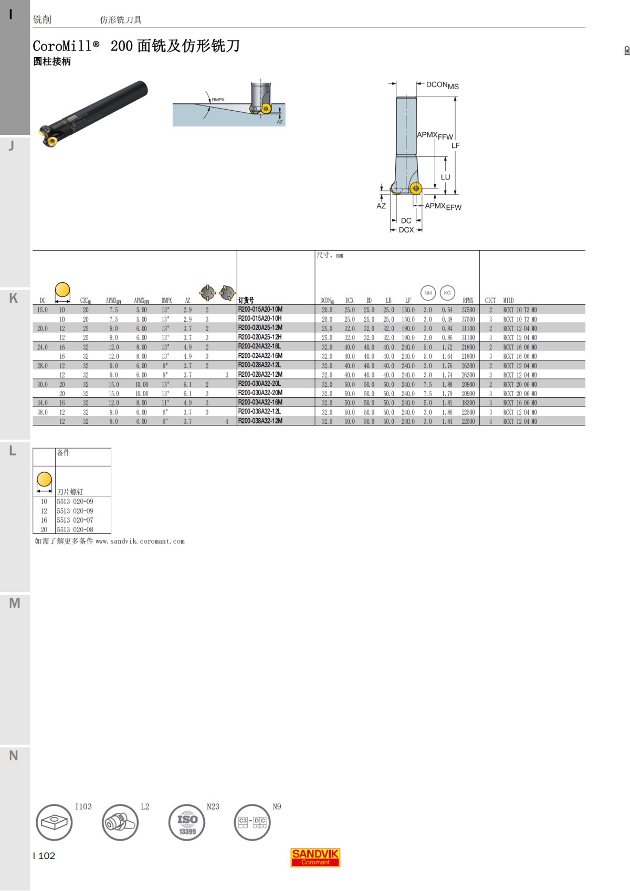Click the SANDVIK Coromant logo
coord(315,857)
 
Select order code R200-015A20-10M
coord(260,310)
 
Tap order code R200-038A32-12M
coord(260,421)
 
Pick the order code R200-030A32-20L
coord(259,384)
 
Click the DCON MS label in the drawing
coord(442,85)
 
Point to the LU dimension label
coord(445,177)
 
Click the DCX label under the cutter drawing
coord(406,230)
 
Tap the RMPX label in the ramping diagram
coord(218,100)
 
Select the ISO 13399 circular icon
coord(187,822)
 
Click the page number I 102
coord(44,856)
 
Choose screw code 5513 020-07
coord(75,520)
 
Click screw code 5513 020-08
coord(75,529)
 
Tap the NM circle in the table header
coord(428,293)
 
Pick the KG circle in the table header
coord(447,293)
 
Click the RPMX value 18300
coord(468,403)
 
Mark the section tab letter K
coord(14,298)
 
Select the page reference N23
coord(213,807)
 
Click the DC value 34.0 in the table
coord(43,403)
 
